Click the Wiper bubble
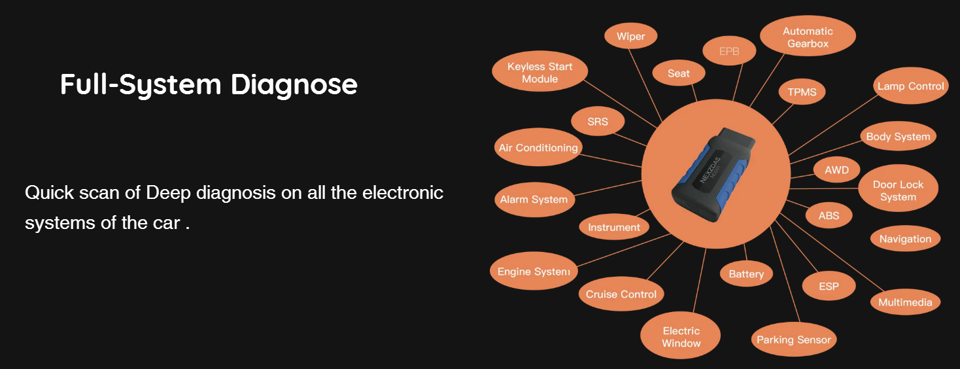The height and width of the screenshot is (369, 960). pos(630,37)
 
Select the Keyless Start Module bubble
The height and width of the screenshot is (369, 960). pos(540,73)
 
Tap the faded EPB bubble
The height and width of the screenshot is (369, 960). pos(729,52)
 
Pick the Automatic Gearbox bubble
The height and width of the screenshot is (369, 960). pos(808,37)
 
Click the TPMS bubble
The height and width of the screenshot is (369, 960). pos(802,92)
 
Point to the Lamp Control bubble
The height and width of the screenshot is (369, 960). pos(910,86)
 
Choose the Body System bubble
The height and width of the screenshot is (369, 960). pos(898,137)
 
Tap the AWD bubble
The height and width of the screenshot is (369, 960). pos(836,170)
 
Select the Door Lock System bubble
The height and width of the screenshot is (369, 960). pos(898,190)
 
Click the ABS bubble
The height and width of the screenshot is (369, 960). pos(829,215)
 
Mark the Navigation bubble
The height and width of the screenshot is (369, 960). pos(905,239)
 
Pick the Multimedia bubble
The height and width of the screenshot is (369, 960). pos(905,302)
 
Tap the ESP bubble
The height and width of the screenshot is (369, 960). pos(829,287)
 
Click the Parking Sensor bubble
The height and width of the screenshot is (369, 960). pos(793,340)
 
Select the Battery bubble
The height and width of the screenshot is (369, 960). pos(746,274)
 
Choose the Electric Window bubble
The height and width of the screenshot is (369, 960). pos(681,337)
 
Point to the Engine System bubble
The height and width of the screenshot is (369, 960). pos(534,272)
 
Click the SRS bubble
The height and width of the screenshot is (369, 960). pos(598,122)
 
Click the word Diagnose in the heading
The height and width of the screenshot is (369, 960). pos(294,85)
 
